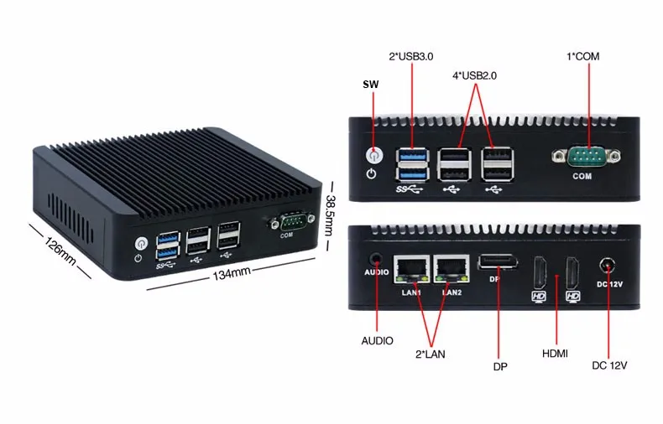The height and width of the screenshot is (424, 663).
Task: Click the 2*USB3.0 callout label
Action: pyautogui.click(x=410, y=57)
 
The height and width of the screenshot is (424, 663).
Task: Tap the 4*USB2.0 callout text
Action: pyautogui.click(x=474, y=75)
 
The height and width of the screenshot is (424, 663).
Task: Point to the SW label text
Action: pyautogui.click(x=370, y=85)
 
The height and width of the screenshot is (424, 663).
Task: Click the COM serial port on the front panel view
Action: pyautogui.click(x=587, y=156)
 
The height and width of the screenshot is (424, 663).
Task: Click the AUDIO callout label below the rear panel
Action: pyautogui.click(x=377, y=341)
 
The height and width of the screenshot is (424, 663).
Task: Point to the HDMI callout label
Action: pyautogui.click(x=555, y=354)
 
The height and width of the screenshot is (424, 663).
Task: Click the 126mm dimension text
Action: pyautogui.click(x=60, y=248)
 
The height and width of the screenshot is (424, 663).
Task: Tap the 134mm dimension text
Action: pyautogui.click(x=231, y=274)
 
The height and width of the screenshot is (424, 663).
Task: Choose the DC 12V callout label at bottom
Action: pyautogui.click(x=609, y=365)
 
